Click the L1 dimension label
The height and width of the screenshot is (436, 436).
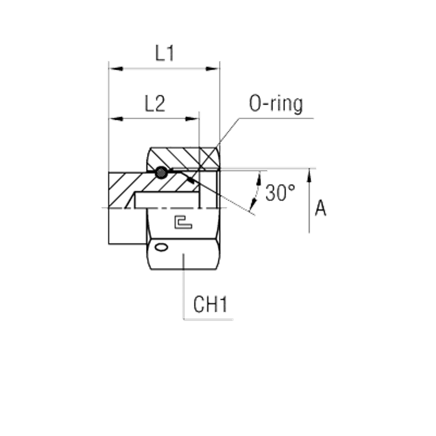click(x=165, y=53)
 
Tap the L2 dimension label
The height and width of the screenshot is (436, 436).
click(x=155, y=103)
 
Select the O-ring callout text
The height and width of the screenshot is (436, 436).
click(x=276, y=104)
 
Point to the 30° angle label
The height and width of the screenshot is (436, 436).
click(x=280, y=192)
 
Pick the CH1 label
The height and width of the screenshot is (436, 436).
click(x=211, y=304)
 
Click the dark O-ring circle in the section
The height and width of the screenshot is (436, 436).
click(x=161, y=173)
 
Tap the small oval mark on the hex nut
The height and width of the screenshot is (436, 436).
click(x=161, y=247)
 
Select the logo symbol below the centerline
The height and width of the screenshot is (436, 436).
click(x=183, y=222)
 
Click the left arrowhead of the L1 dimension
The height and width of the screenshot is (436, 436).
click(x=116, y=68)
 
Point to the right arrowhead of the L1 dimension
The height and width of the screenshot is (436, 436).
click(x=212, y=68)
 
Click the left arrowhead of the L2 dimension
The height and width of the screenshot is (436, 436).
click(x=116, y=119)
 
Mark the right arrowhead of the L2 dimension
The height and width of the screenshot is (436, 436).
click(x=192, y=119)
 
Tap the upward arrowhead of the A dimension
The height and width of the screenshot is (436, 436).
click(x=309, y=175)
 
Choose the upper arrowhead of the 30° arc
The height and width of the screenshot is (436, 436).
click(x=259, y=178)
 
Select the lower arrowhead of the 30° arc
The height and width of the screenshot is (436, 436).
click(x=253, y=204)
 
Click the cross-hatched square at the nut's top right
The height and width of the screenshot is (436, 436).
click(x=208, y=158)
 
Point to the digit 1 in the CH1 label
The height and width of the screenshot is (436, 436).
click(x=224, y=304)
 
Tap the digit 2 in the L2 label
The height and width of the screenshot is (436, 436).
click(x=160, y=103)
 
